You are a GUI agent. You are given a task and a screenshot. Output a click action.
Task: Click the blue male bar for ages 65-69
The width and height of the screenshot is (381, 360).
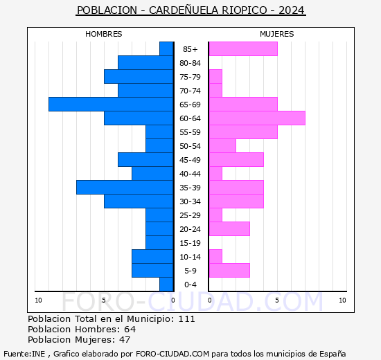point(111,104)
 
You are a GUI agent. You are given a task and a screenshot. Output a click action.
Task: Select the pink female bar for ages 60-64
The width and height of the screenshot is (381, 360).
point(257,118)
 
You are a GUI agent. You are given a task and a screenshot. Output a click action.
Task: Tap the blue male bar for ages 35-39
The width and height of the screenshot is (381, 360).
point(125,187)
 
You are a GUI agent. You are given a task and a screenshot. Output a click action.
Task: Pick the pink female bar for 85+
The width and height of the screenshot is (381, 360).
point(243,48)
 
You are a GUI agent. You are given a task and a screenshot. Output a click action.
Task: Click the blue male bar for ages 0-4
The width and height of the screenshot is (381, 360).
point(166,284)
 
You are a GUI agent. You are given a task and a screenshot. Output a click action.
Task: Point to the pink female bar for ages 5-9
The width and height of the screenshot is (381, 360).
point(229,270)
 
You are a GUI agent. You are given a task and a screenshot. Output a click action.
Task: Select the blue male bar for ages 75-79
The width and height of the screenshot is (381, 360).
point(139,76)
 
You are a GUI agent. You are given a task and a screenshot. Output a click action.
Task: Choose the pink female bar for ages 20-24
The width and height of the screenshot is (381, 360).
point(229,228)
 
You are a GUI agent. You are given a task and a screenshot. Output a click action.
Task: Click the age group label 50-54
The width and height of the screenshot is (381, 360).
point(190,146)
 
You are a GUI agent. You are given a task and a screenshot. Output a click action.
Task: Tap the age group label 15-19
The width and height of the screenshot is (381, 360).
point(190,243)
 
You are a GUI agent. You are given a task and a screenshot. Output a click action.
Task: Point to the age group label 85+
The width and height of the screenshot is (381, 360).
point(190,49)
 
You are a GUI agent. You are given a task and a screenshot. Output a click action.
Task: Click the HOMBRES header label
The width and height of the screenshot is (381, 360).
point(104,34)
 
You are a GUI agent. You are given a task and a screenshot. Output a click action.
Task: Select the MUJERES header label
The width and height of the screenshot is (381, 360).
point(277,34)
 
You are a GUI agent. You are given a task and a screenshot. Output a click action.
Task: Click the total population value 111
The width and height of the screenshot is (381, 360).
point(186,318)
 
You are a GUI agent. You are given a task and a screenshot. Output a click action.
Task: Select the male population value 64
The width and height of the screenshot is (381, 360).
point(130,329)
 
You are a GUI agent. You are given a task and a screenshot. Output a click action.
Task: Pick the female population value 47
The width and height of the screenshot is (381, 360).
point(125,339)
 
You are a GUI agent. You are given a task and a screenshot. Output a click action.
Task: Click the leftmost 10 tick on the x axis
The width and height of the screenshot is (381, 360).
point(39,300)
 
